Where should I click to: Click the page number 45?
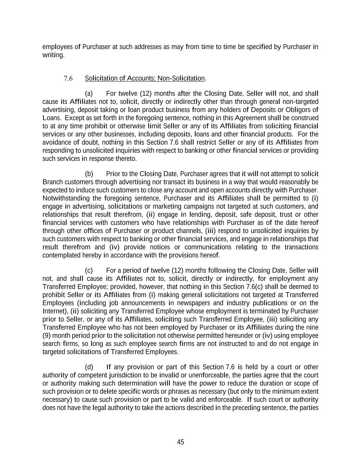[x=180, y=442]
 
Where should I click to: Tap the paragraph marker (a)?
[x=89, y=94]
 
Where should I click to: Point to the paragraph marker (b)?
[x=89, y=174]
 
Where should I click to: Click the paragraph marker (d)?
[x=89, y=367]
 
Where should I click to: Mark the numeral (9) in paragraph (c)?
[x=47, y=336]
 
